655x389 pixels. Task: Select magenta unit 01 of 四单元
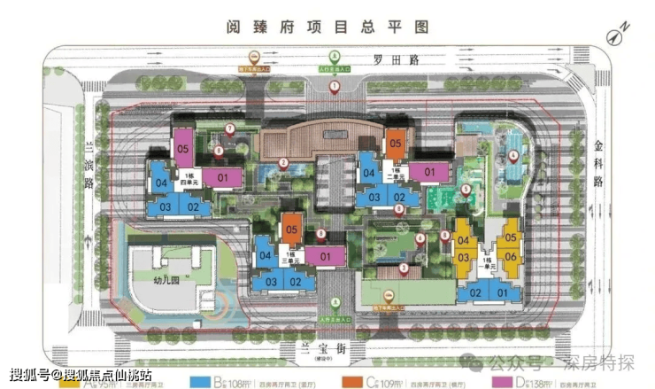tap(222, 177)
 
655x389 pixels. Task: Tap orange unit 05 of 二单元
tap(395, 143)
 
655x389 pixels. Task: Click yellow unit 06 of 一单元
tap(512, 256)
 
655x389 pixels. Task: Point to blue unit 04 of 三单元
tap(266, 256)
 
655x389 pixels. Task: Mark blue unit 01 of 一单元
tap(503, 293)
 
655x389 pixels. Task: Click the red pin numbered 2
tap(283, 162)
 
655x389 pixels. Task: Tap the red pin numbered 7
tap(229, 129)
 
